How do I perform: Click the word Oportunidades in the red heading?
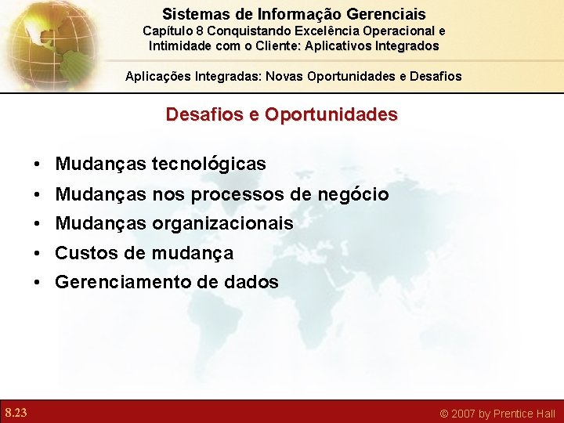[x=331, y=114]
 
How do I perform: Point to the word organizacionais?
[x=222, y=224]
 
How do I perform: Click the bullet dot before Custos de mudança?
[x=38, y=254]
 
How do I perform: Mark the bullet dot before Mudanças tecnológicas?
[x=38, y=165]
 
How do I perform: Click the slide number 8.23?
[x=16, y=413]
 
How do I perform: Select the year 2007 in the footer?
[x=462, y=414]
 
